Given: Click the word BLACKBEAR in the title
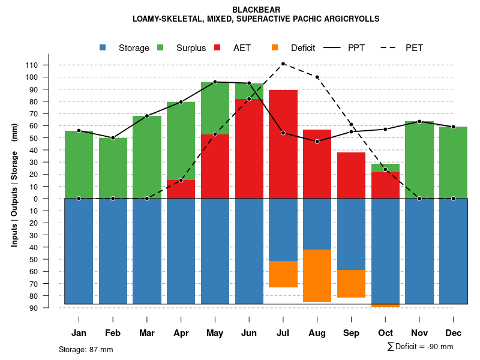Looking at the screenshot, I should (x=256, y=10).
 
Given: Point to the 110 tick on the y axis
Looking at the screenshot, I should (x=48, y=65).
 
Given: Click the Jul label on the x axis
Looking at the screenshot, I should (x=283, y=333).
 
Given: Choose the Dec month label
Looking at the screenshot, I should (x=454, y=333).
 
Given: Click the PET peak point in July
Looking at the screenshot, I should (x=283, y=64).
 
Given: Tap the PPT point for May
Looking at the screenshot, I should (x=215, y=82).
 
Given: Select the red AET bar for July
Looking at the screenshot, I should (x=283, y=144).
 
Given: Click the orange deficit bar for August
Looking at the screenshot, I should (x=317, y=275).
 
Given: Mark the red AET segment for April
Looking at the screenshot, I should (x=181, y=189).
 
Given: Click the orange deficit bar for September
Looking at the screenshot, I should (x=352, y=284).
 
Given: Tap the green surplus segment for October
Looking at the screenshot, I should (x=385, y=168).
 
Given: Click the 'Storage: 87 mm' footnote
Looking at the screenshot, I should (x=86, y=349).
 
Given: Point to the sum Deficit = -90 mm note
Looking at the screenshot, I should (x=420, y=347).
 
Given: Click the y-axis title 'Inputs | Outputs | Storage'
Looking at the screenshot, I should (x=14, y=198).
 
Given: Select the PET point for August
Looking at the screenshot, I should (x=317, y=77).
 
